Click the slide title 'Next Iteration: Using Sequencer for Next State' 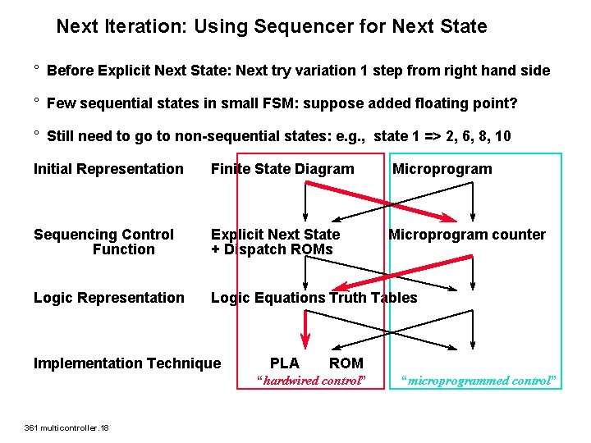(x=271, y=26)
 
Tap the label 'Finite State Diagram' (x=282, y=169)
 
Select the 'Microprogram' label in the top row (x=442, y=169)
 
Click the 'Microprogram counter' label (x=466, y=235)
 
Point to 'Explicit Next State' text (x=275, y=235)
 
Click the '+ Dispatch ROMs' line (x=272, y=249)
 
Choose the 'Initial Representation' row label (x=108, y=169)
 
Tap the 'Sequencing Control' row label (x=103, y=235)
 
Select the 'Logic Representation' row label (x=109, y=298)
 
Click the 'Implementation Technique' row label (x=127, y=363)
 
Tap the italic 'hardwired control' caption (x=309, y=381)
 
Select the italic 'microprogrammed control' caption (x=480, y=381)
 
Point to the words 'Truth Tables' (x=373, y=298)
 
